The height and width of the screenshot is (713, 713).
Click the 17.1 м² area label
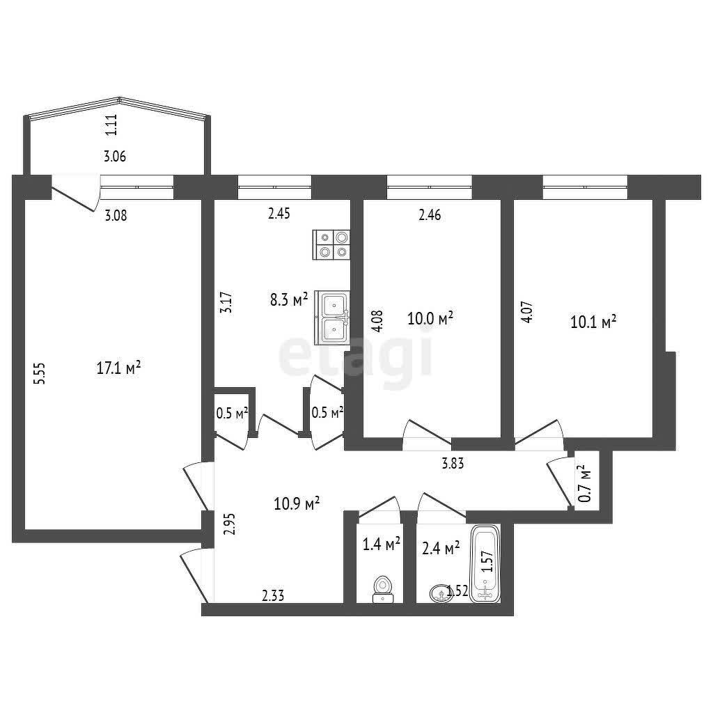pos(118,368)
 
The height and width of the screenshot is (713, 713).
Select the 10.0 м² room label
pos(430,319)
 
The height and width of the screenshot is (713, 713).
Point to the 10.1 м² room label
pos(593,322)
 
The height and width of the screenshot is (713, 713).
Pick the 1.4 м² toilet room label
pos(382,544)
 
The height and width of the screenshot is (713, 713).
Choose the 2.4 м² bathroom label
pos(441,549)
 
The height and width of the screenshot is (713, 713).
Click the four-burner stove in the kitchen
pos(332,245)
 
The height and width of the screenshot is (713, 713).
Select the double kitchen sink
pos(333,318)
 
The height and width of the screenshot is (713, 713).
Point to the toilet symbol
pos(382,588)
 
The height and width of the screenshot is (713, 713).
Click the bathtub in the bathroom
pos(485,564)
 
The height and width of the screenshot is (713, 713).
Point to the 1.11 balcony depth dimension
pos(111,125)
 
